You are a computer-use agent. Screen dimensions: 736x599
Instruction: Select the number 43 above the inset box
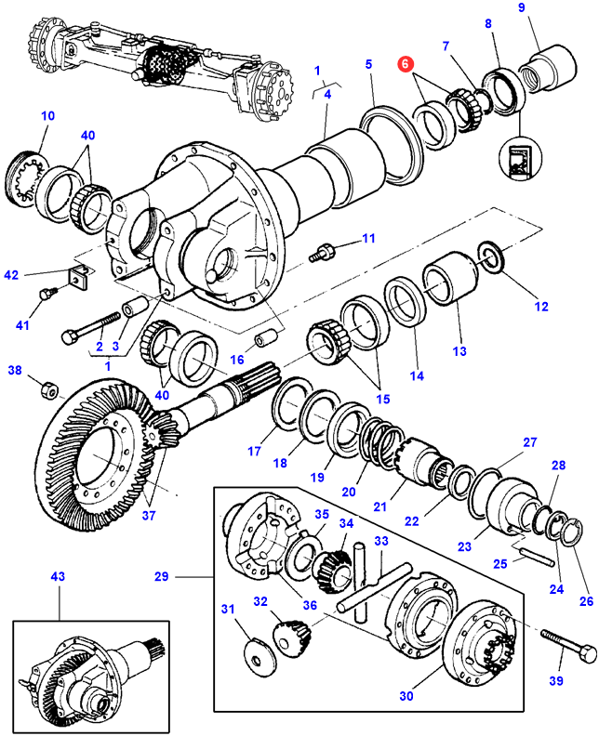click(58, 577)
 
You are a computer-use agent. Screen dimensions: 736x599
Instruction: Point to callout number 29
click(161, 577)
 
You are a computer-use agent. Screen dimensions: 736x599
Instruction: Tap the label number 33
click(380, 542)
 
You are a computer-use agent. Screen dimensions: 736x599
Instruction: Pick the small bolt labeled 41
click(47, 296)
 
